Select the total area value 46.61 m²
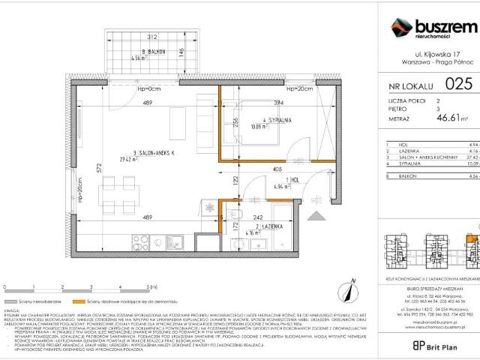pos(452,118)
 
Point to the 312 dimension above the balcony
pos(151,36)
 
